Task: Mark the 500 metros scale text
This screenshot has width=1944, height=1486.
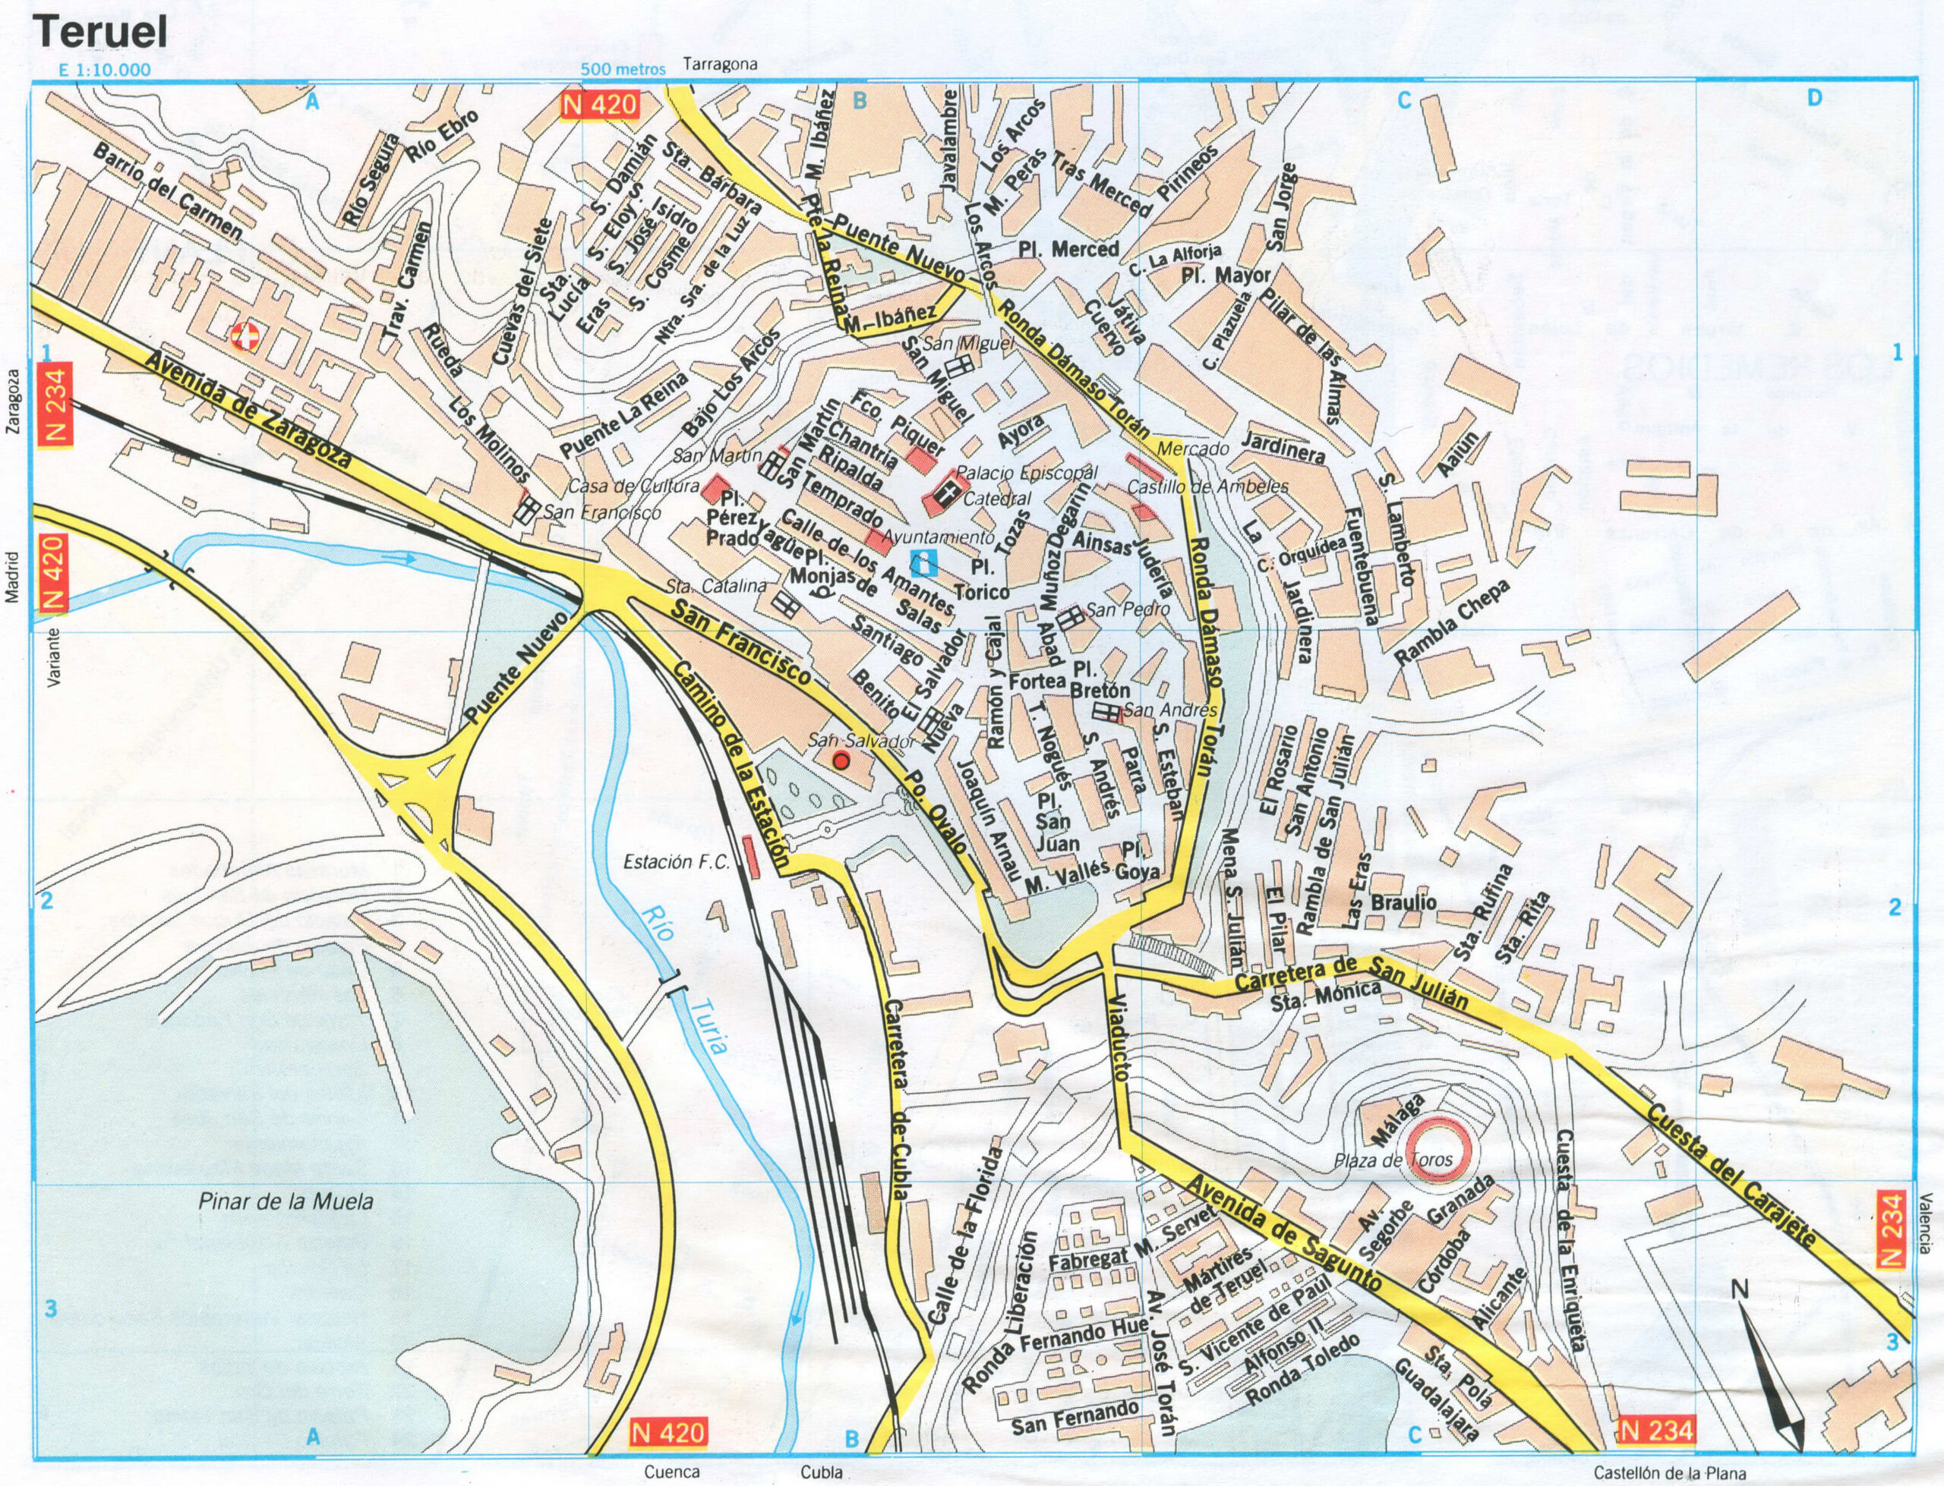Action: pyautogui.click(x=623, y=71)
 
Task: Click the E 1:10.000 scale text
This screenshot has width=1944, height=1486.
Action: pyautogui.click(x=103, y=71)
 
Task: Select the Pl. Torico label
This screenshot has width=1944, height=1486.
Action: pyautogui.click(x=989, y=578)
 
